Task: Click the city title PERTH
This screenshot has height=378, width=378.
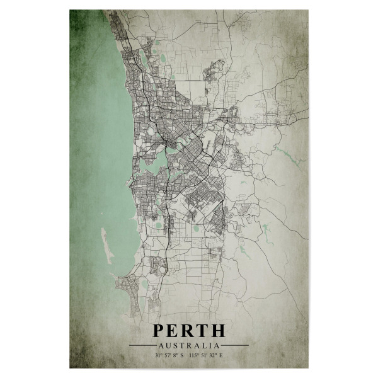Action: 188,331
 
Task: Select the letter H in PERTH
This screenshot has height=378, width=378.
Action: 217,331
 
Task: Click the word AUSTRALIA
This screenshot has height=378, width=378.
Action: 189,345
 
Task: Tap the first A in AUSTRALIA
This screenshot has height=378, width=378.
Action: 161,345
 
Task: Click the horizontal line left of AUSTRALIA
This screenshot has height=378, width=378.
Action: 142,345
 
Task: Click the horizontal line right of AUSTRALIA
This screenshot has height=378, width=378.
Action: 235,345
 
